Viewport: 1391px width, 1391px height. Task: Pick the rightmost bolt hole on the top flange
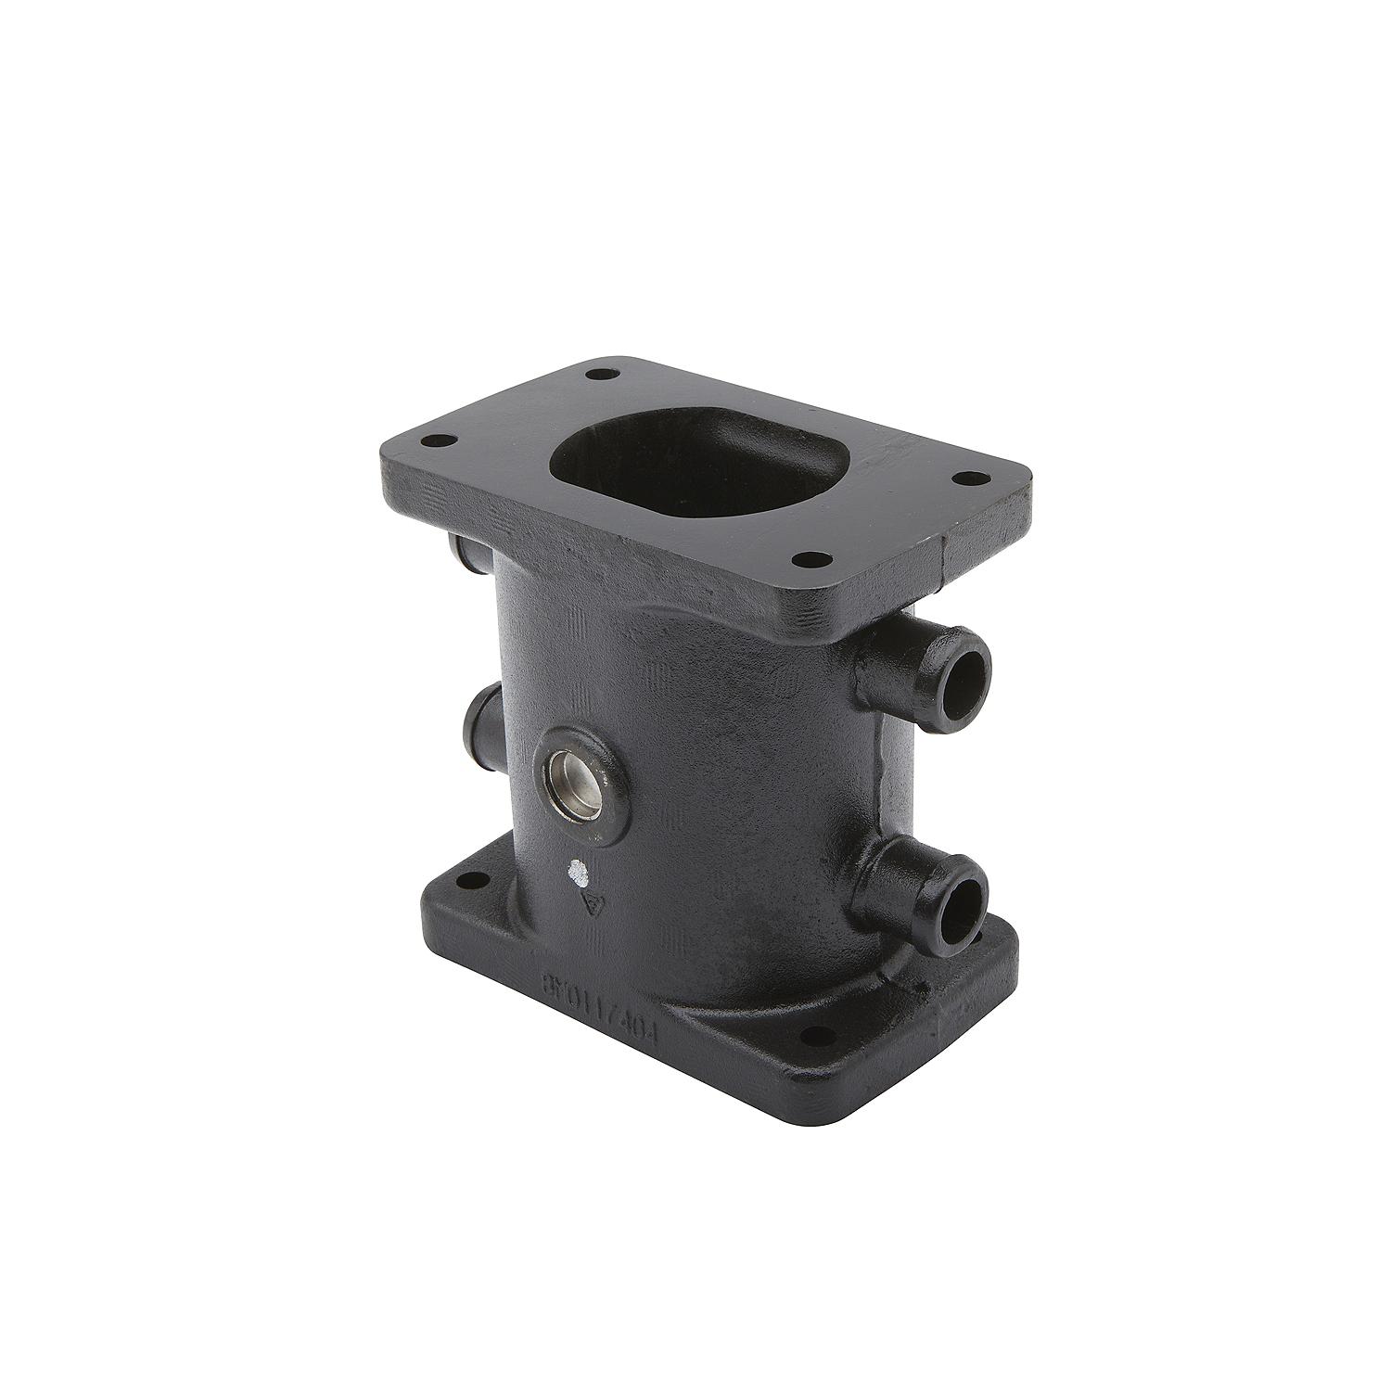(x=970, y=479)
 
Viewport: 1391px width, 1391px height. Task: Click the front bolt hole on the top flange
(x=812, y=559)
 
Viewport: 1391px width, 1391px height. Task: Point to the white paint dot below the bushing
(x=577, y=872)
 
